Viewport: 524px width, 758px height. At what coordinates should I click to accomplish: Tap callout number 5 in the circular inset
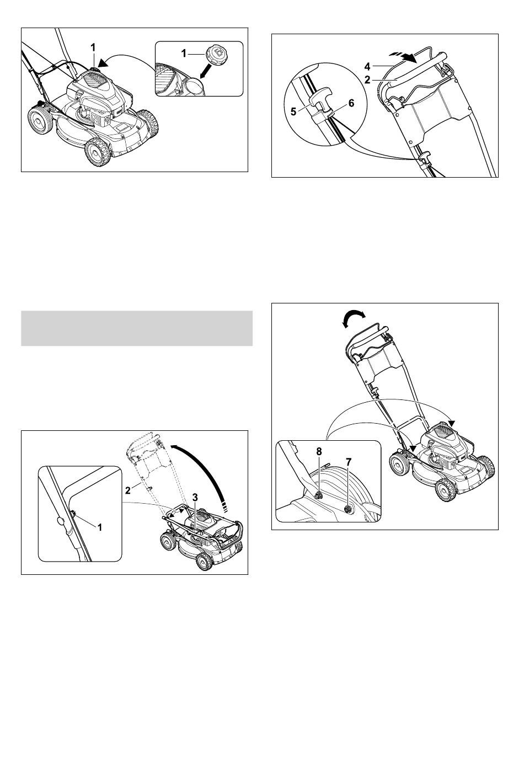(x=293, y=111)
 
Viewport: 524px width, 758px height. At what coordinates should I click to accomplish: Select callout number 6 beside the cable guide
(x=351, y=103)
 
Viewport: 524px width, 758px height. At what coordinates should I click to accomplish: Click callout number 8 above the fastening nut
(x=318, y=451)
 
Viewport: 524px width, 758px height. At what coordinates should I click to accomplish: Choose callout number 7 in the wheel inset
(x=349, y=461)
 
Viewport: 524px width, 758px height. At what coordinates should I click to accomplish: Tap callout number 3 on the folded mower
(x=195, y=497)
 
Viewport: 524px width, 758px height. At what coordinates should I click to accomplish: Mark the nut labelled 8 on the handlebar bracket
(x=318, y=496)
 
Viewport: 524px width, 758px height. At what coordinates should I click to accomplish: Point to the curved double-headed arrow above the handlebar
(x=354, y=319)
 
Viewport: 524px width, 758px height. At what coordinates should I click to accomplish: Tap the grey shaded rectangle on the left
(x=137, y=328)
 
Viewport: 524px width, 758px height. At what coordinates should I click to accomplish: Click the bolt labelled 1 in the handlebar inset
(x=73, y=514)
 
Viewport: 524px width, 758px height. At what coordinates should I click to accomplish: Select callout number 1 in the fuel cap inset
(x=184, y=54)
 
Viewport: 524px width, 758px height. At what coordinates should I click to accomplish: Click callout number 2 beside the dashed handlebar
(x=127, y=490)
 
